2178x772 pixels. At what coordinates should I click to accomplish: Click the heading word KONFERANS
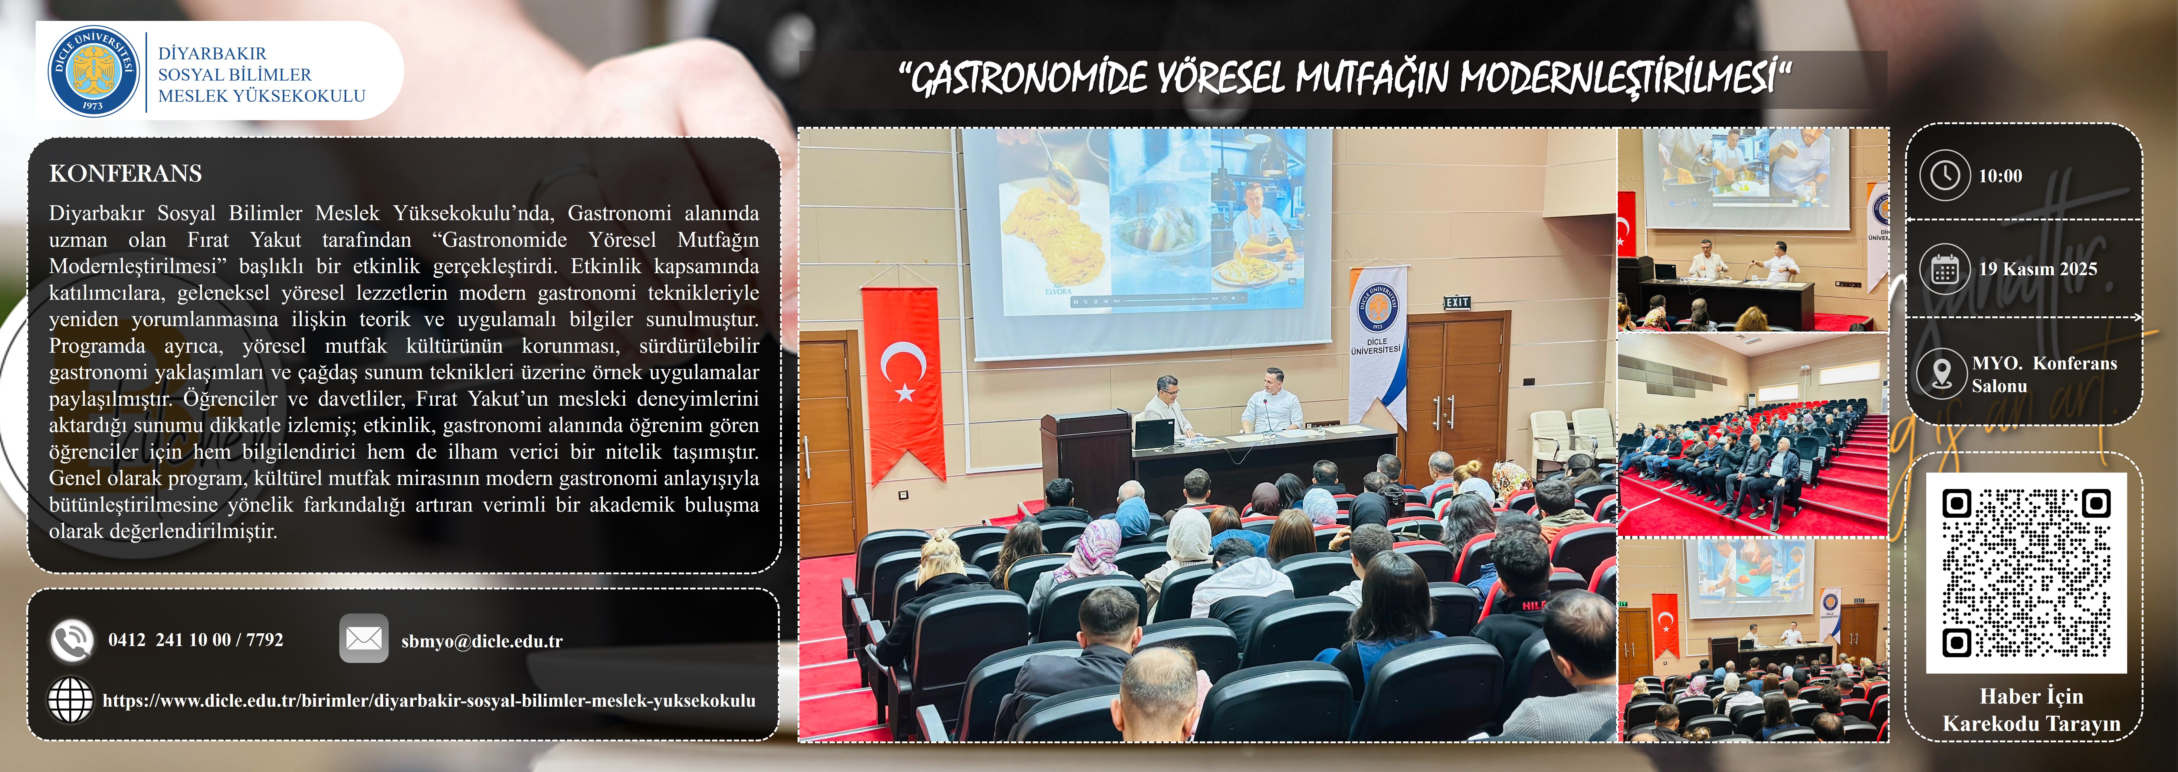point(126,173)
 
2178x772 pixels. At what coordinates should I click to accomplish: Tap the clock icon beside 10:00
point(1945,175)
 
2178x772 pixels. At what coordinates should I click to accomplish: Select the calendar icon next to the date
point(1945,269)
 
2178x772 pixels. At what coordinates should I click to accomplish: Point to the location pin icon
point(1942,373)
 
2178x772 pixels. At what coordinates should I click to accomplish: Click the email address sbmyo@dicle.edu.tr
point(482,641)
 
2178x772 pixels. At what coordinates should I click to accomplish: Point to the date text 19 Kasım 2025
point(2038,269)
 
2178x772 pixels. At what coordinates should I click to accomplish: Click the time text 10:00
point(2000,176)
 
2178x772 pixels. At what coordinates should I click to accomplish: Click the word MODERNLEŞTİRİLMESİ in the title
point(1617,78)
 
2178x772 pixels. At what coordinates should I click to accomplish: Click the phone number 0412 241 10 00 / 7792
point(195,640)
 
